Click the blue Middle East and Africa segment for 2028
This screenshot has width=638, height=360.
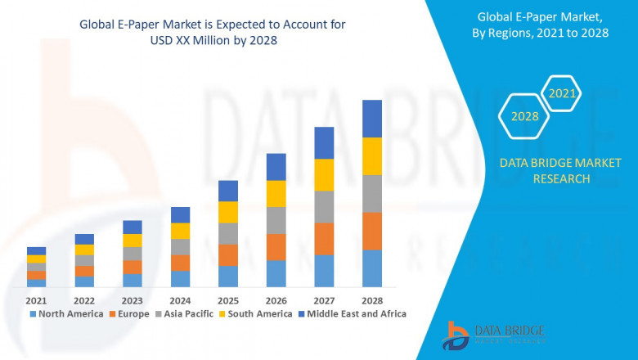(372, 119)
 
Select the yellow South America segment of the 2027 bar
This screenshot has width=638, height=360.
(324, 175)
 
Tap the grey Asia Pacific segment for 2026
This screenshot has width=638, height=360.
(276, 220)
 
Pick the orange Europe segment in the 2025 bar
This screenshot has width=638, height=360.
(228, 254)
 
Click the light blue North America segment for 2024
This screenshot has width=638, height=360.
(180, 279)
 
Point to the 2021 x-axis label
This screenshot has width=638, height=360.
(37, 299)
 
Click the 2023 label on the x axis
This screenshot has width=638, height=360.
(133, 299)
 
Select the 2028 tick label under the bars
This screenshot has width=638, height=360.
(372, 299)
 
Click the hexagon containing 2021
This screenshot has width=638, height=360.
(562, 94)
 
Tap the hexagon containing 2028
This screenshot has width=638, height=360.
(524, 116)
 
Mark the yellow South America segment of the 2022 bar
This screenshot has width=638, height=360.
(84, 250)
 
